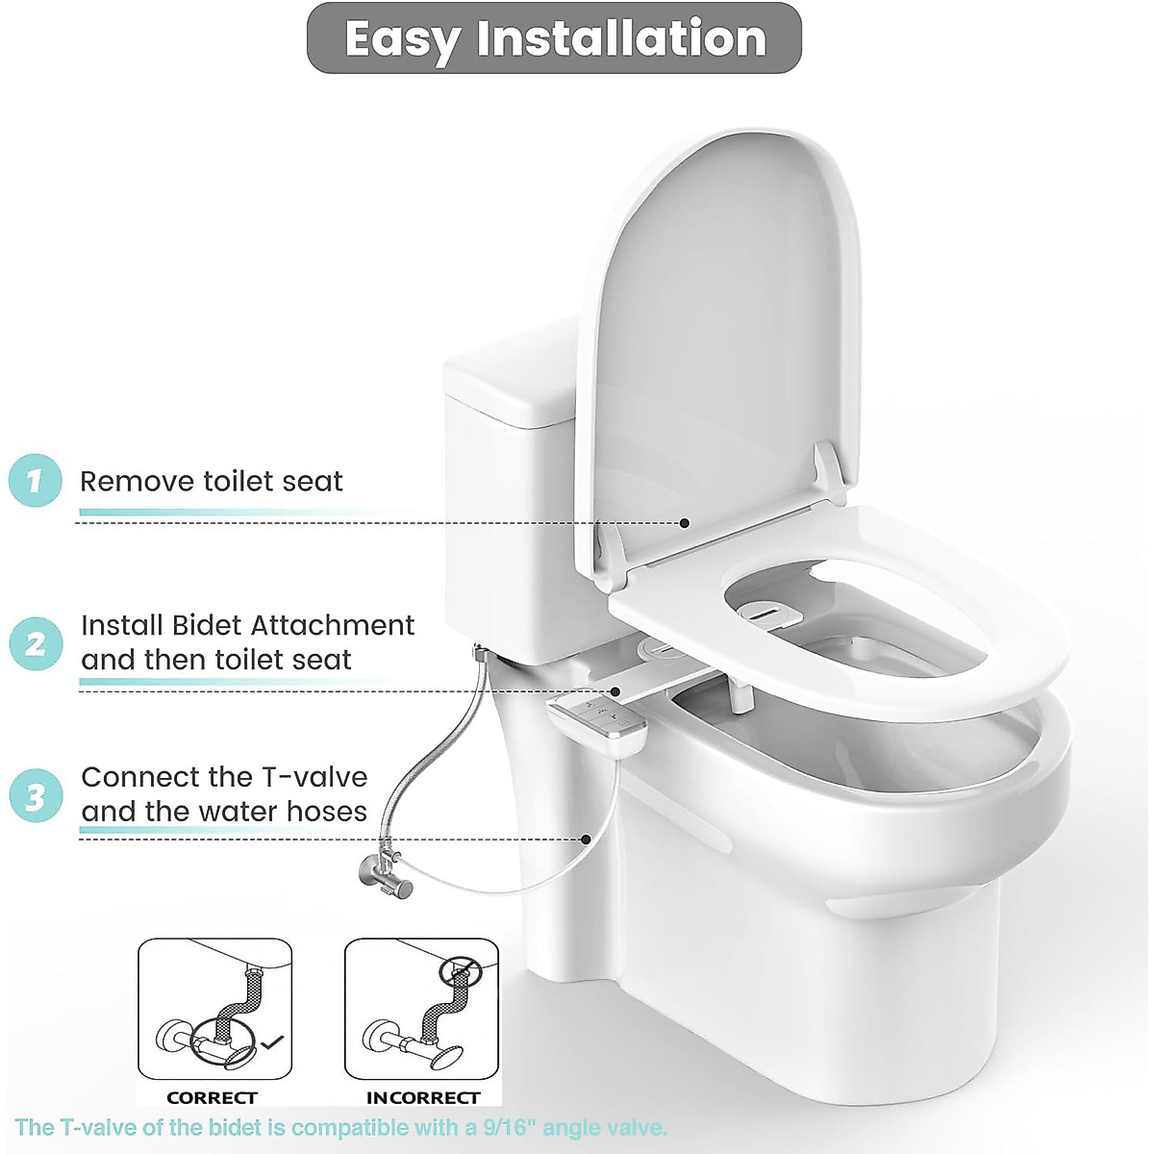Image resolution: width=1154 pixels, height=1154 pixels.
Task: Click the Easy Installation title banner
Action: (x=554, y=38)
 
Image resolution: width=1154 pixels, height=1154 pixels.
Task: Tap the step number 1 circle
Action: (x=36, y=480)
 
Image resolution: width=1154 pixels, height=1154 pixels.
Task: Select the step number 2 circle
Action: (x=36, y=642)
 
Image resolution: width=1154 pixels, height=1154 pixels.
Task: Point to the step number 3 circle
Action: (x=36, y=796)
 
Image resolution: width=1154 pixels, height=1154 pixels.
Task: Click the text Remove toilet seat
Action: (x=211, y=481)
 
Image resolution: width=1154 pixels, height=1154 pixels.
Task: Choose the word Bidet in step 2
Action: (x=210, y=625)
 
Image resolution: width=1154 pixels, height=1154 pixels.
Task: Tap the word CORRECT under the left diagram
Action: (x=212, y=1097)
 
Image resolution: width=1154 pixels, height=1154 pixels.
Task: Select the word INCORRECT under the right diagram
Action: (x=423, y=1097)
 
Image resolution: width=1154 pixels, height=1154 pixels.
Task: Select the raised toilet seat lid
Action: (x=712, y=346)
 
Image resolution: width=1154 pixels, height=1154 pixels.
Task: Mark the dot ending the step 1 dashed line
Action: (x=685, y=523)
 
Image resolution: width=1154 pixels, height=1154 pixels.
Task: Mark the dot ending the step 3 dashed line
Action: (x=587, y=839)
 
